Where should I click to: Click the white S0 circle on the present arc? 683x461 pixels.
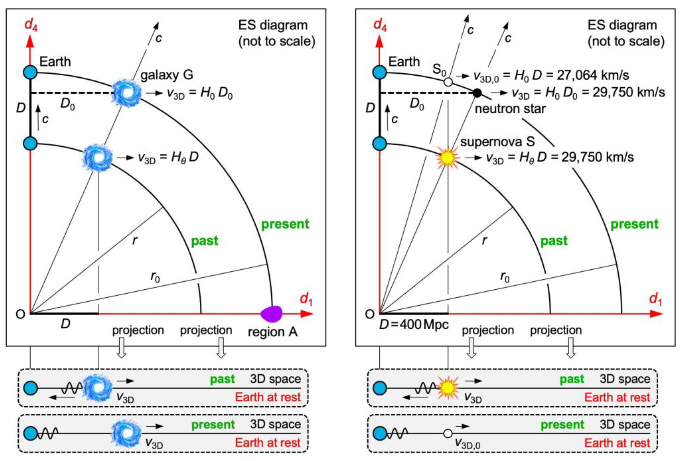click(448, 82)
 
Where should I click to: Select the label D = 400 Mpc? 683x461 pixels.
click(414, 325)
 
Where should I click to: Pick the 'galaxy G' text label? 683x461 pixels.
click(167, 75)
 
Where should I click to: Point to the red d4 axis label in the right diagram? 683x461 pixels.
click(380, 25)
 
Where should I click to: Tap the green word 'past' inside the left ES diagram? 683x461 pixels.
click(205, 241)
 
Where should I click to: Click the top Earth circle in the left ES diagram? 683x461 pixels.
click(30, 72)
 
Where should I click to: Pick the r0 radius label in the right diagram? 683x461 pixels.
click(505, 277)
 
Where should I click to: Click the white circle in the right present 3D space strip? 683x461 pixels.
click(448, 433)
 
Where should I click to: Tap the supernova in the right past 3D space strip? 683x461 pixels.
click(448, 388)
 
